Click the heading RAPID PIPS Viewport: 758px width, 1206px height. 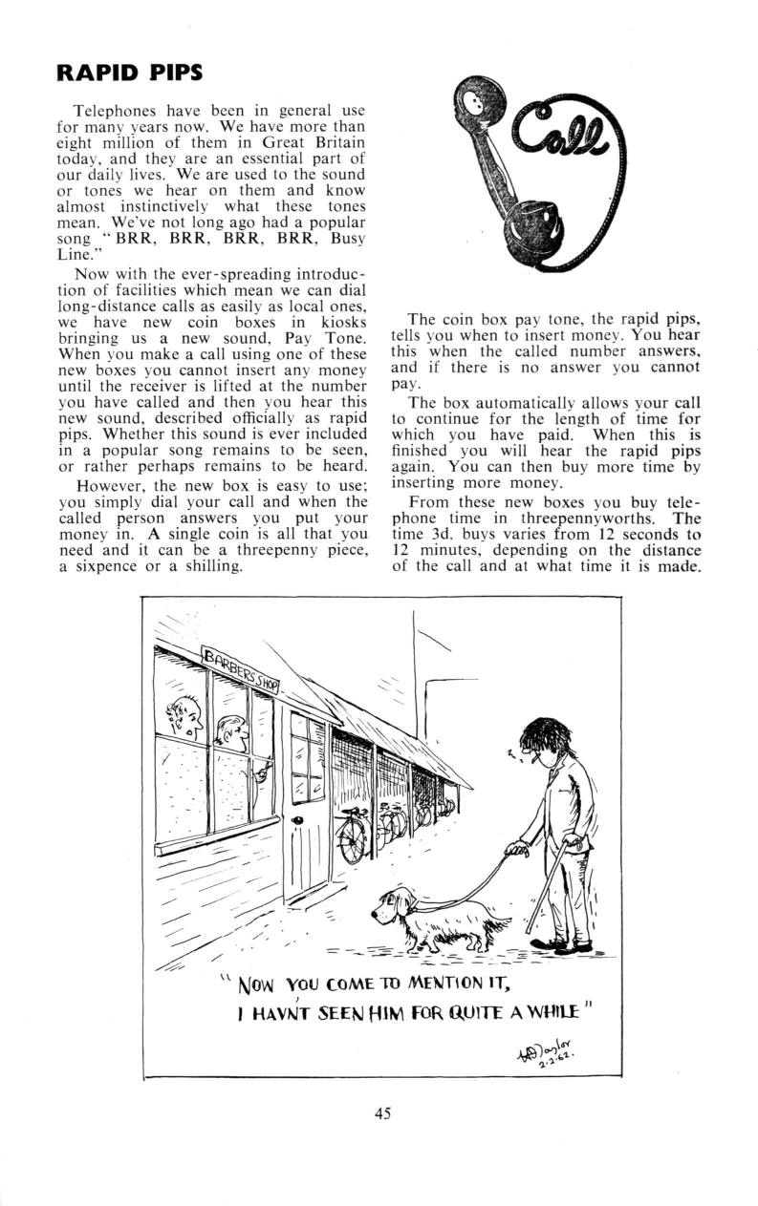[129, 73]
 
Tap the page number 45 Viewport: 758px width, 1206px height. [381, 1112]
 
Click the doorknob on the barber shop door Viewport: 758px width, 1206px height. [297, 820]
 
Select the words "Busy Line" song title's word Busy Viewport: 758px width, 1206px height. [332, 238]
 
